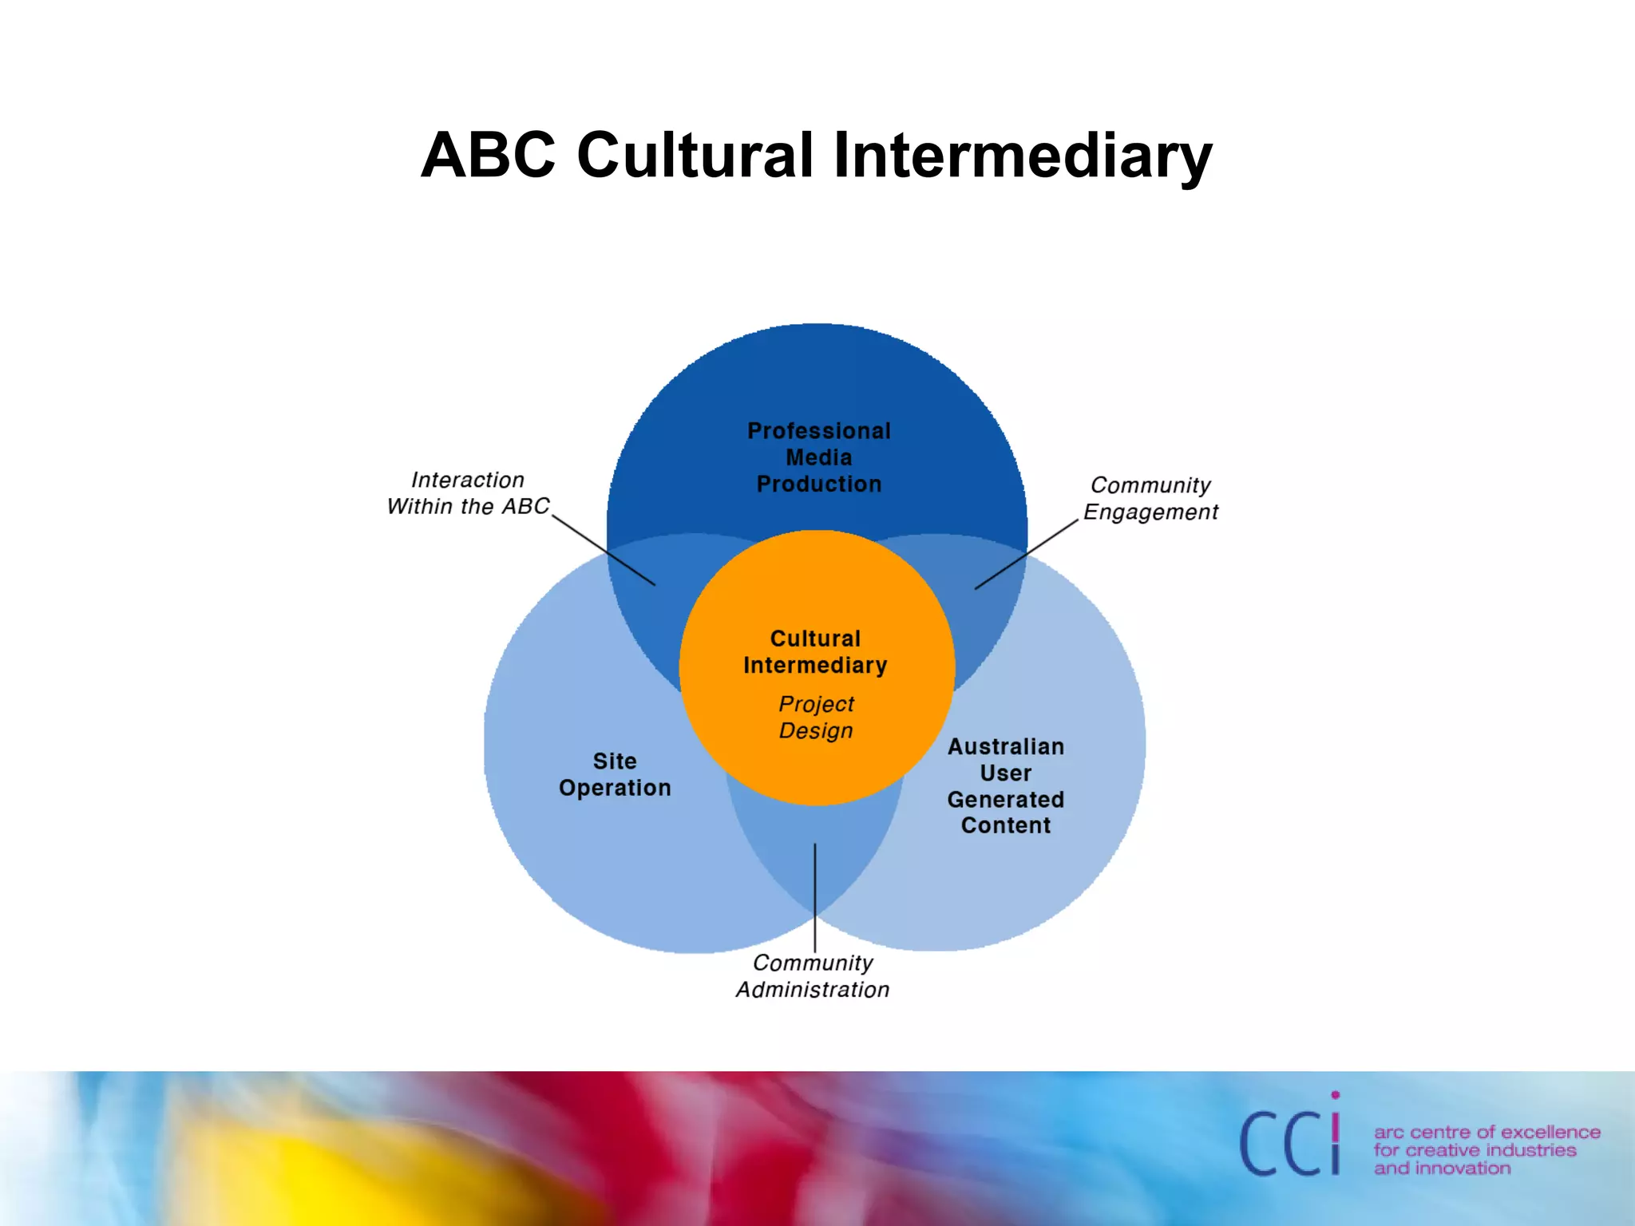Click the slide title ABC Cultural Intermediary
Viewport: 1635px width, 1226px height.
pos(816,155)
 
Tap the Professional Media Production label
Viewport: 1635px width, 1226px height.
pos(819,457)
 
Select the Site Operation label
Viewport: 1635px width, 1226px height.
pos(615,774)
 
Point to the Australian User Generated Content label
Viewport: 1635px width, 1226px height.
pos(1006,786)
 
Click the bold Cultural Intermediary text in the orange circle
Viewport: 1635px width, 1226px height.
pos(815,652)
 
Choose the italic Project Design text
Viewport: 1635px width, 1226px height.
pos(816,717)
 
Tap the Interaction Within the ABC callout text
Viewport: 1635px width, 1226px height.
pos(468,493)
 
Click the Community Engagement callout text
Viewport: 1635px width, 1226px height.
pos(1150,499)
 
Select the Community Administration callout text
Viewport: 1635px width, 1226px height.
pos(813,976)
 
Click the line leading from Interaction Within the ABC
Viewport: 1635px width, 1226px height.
pos(604,551)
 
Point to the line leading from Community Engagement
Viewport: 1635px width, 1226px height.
pos(1027,555)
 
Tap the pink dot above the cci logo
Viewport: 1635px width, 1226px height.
pos(1336,1095)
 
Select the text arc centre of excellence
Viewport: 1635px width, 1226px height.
pos(1487,1132)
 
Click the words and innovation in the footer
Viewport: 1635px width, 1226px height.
pos(1442,1169)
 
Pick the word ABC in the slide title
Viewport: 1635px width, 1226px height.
pos(488,155)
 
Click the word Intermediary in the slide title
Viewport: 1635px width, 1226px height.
pos(1023,155)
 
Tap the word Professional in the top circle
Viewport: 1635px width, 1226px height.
pos(819,431)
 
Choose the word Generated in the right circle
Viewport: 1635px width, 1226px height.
pos(1006,800)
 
